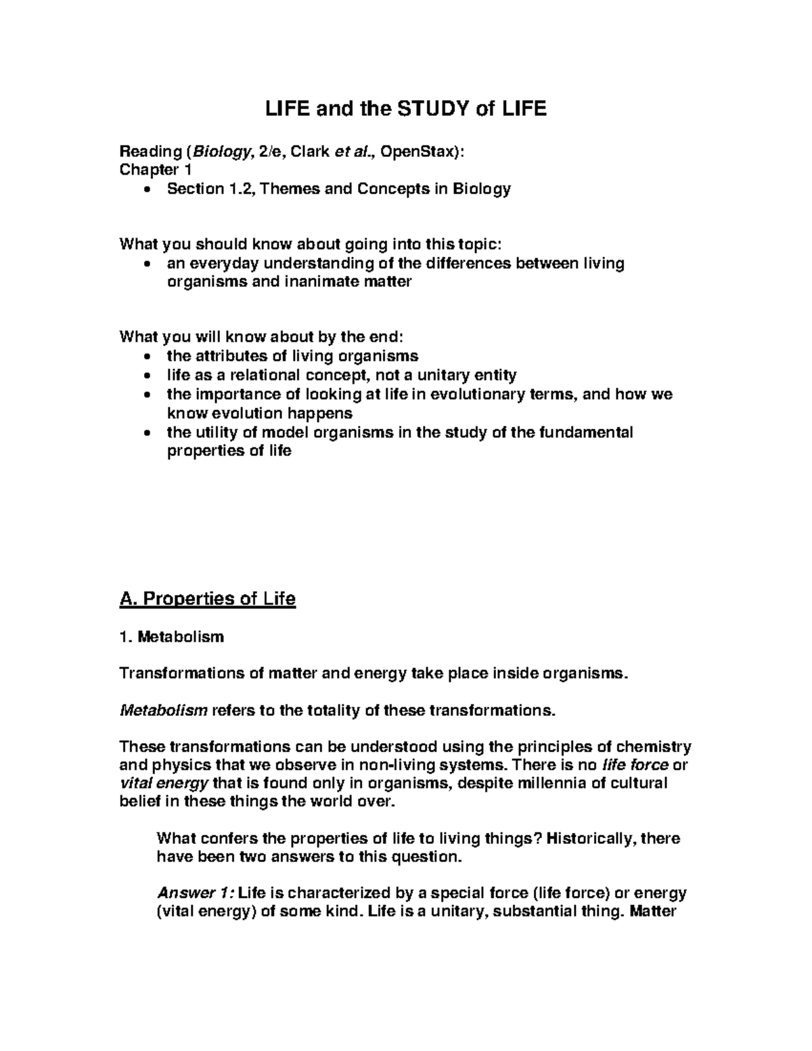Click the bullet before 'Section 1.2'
[x=147, y=190]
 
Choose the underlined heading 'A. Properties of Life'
[x=207, y=599]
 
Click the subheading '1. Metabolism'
[x=171, y=636]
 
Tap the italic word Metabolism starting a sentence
[x=163, y=711]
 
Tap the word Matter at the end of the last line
[x=652, y=911]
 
